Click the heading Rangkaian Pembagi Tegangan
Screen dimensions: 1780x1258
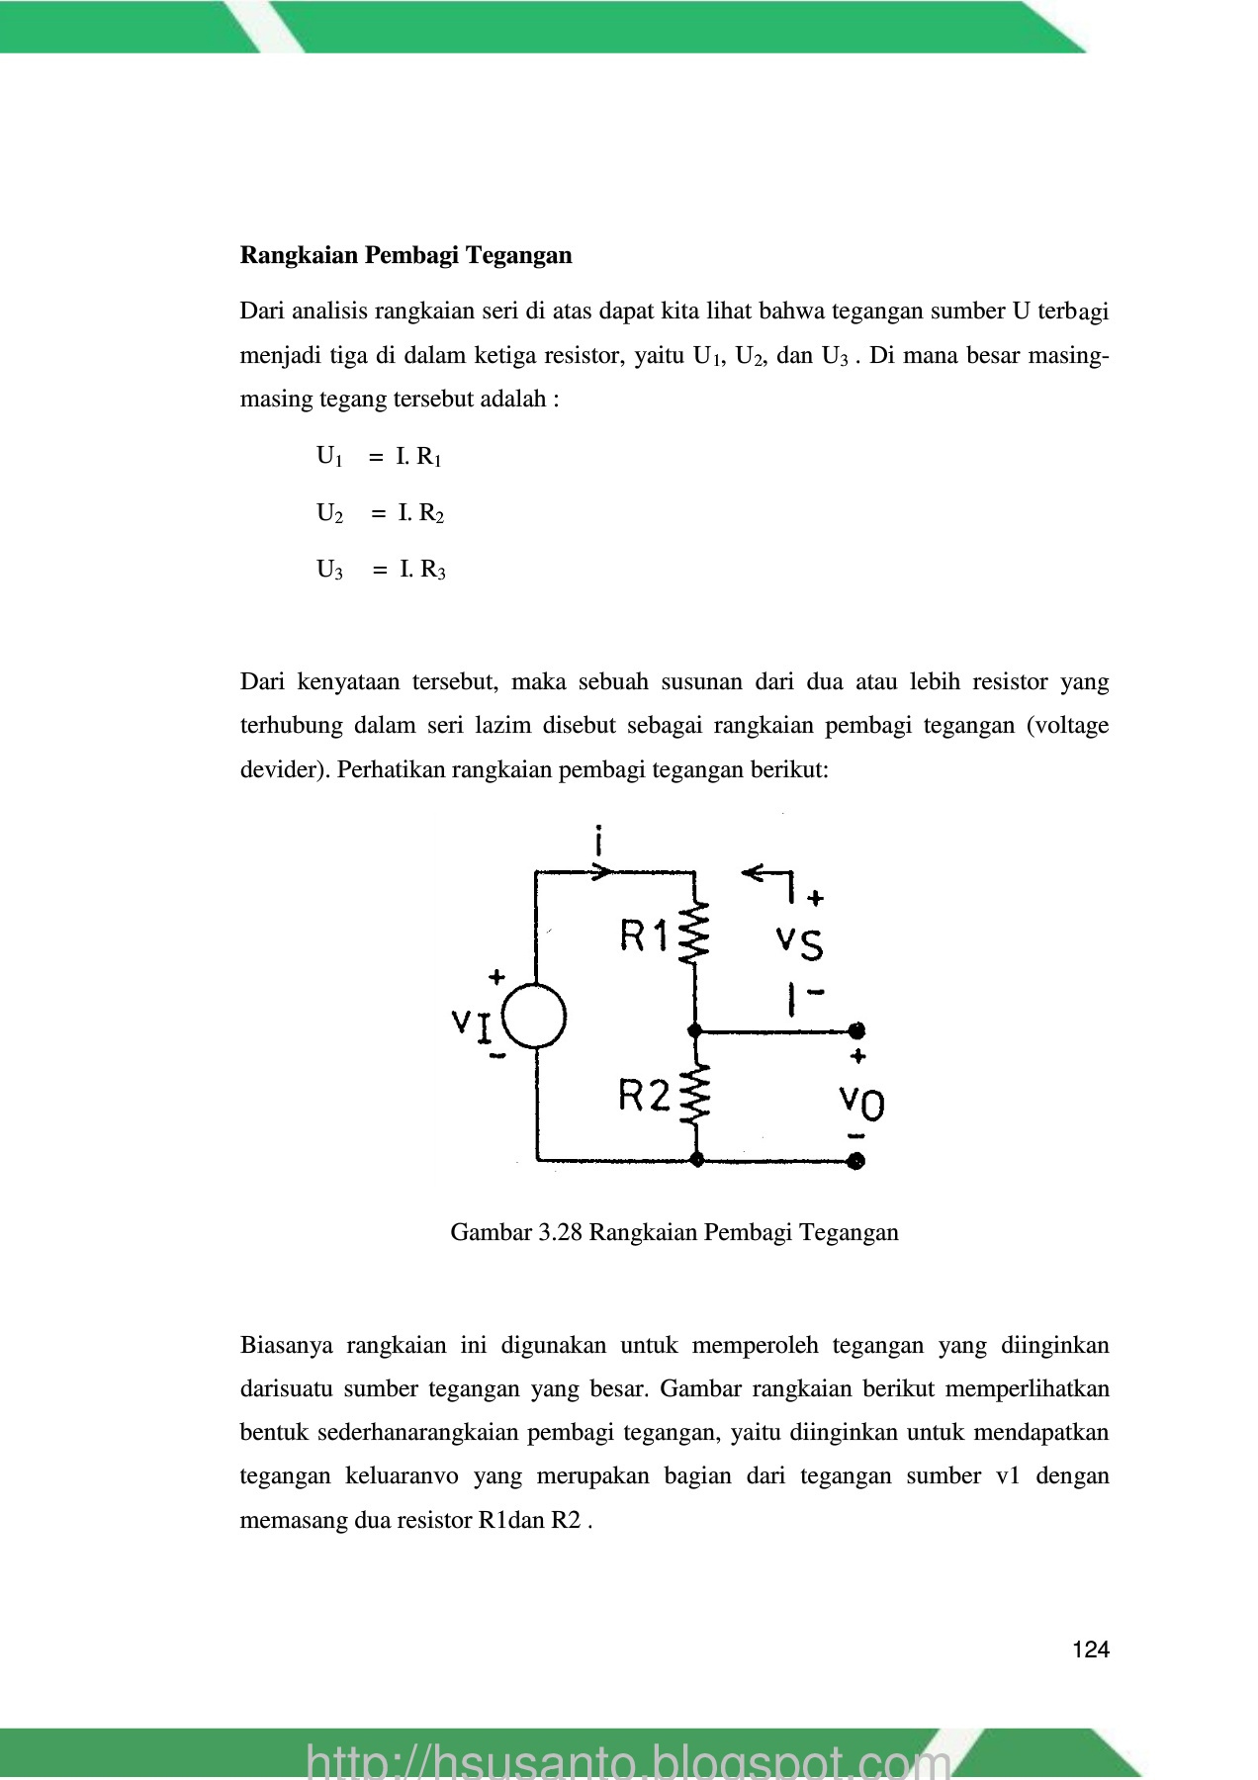(405, 255)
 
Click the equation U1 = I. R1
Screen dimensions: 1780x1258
(379, 456)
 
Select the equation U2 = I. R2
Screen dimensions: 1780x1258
(380, 512)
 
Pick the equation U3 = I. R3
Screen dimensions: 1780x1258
(381, 570)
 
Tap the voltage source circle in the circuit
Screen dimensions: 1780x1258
(535, 1017)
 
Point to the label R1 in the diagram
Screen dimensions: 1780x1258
(644, 934)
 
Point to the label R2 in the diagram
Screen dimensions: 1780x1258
(644, 1095)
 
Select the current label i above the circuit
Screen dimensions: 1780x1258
(598, 841)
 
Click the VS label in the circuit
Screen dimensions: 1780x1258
(800, 942)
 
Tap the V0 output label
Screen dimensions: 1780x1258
(861, 1101)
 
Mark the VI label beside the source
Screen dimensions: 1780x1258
(472, 1024)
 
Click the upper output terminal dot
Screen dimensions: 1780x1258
(856, 1030)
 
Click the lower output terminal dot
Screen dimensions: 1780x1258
(856, 1160)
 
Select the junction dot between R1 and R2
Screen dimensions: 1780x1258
(695, 1030)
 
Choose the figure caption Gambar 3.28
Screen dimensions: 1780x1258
(674, 1232)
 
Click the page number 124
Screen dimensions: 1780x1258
(1091, 1649)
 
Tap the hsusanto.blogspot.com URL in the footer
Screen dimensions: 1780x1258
(628, 1760)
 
